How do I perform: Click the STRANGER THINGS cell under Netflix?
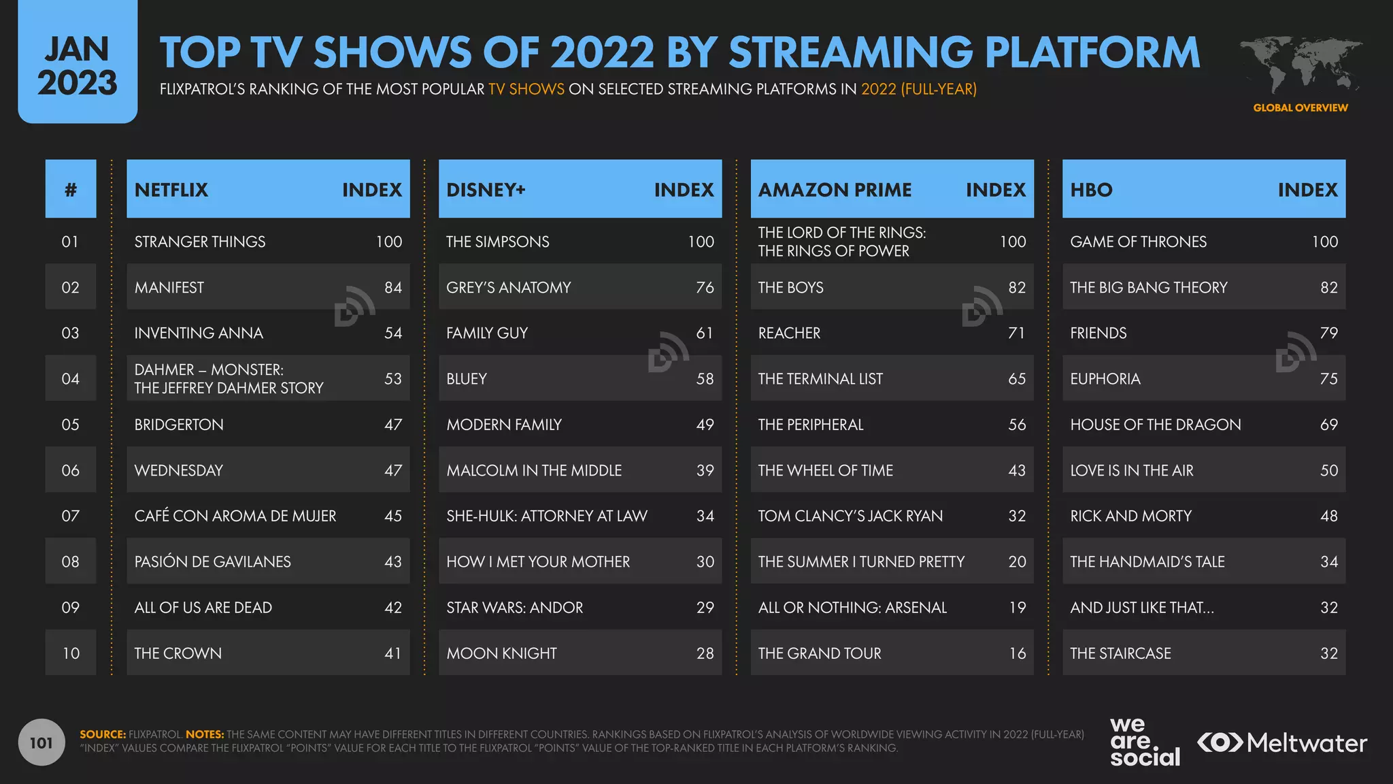point(200,242)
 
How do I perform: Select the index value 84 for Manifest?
point(392,287)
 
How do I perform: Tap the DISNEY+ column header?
point(486,190)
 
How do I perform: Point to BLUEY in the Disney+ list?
point(467,378)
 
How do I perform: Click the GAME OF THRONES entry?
point(1138,242)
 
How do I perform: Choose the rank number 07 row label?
point(71,516)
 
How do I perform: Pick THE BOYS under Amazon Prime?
point(790,287)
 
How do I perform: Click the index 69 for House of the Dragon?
point(1328,425)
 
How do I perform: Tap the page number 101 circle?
point(41,742)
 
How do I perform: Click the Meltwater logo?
point(1282,742)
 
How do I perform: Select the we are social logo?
point(1144,742)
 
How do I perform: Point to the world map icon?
point(1300,65)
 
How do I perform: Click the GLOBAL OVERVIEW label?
point(1300,108)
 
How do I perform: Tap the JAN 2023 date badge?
point(78,65)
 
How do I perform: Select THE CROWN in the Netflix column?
point(178,653)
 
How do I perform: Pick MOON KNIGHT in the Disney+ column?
point(501,653)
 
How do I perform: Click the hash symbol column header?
point(71,190)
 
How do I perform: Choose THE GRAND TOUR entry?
point(819,653)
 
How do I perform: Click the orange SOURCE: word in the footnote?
point(103,734)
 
